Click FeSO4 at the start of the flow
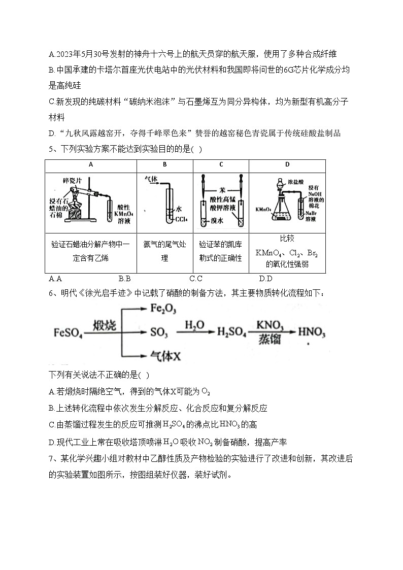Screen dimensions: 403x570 [68, 332]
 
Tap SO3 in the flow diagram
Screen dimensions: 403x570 [159, 332]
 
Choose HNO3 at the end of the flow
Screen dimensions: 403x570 [311, 332]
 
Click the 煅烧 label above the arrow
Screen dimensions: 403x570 [105, 325]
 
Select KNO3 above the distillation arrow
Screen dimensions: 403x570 [270, 325]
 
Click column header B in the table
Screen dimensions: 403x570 [165, 164]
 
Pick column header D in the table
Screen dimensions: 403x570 [287, 164]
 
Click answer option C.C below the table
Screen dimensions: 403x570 [196, 278]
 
